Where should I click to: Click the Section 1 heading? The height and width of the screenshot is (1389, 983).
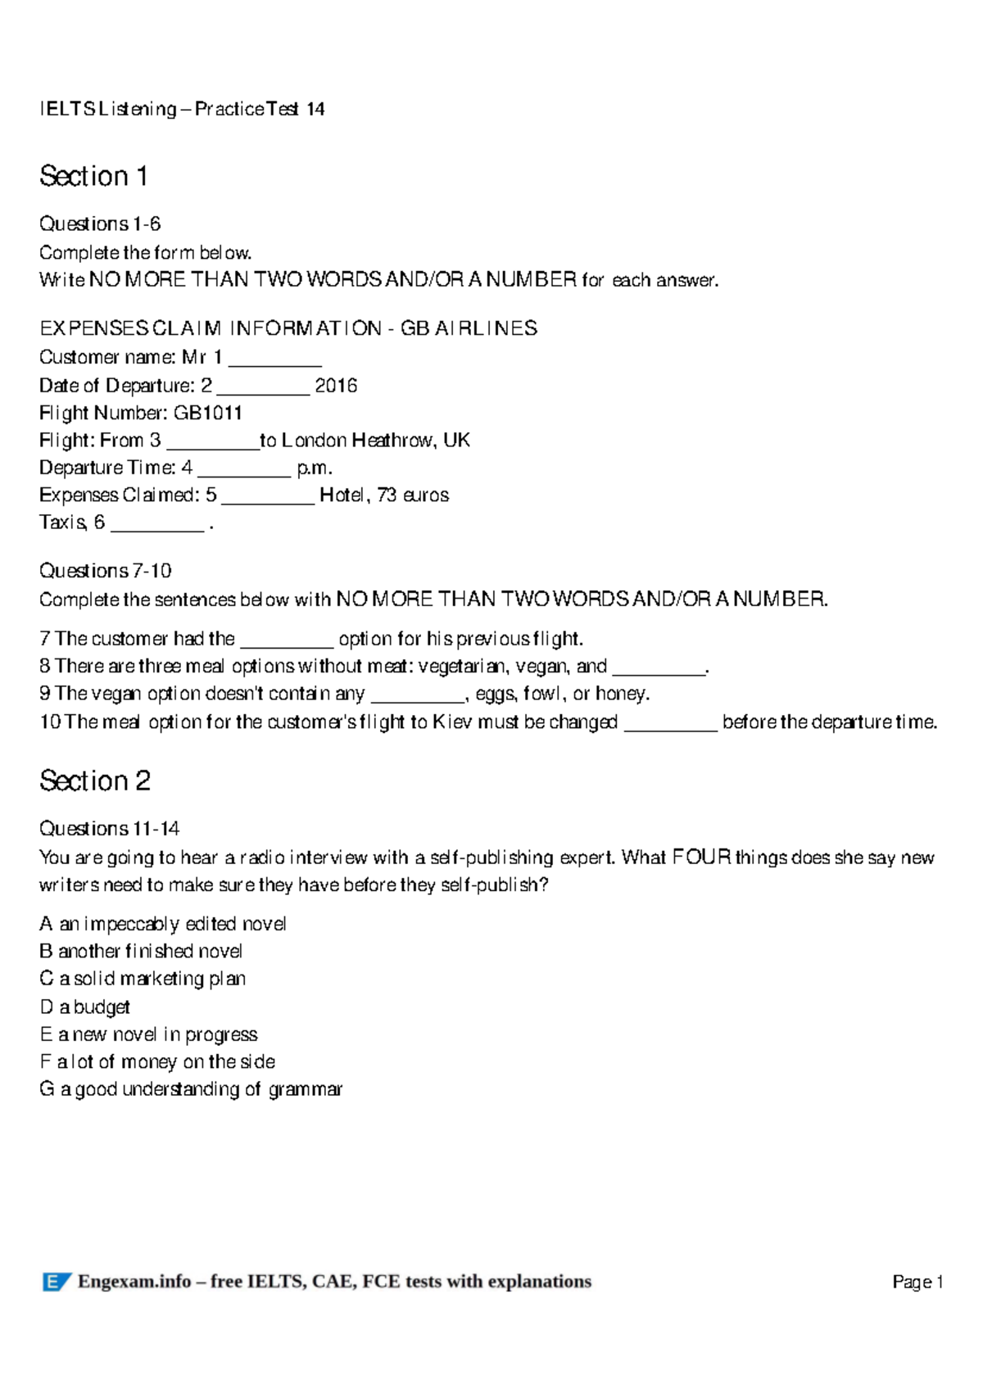click(93, 176)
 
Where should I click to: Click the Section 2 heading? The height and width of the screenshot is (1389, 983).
click(95, 780)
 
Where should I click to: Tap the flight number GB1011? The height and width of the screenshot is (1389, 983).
click(208, 413)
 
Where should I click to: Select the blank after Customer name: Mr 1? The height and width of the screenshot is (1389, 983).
click(274, 360)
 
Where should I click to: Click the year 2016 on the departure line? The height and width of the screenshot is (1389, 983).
click(336, 386)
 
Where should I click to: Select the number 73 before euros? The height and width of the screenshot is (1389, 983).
click(387, 495)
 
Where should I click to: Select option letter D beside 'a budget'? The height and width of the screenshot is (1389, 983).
click(46, 1007)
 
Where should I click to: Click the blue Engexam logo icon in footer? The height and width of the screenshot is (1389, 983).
click(57, 1282)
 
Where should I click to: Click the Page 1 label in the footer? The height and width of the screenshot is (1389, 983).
click(917, 1282)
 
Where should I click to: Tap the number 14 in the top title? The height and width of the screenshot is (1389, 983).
click(315, 109)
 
